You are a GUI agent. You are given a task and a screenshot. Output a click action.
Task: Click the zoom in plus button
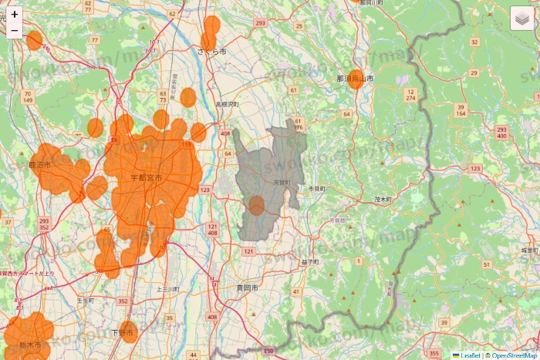15,14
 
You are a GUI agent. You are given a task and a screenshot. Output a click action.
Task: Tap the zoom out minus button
15,32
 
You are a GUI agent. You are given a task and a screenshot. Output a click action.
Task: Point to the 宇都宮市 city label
146,178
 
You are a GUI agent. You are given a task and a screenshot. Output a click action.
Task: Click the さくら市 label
212,52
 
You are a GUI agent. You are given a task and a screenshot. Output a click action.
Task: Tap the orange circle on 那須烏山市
356,79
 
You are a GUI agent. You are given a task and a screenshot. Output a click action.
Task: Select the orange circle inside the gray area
257,205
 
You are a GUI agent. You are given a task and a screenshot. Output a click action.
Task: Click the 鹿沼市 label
39,165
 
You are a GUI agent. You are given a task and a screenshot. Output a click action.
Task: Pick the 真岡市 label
247,288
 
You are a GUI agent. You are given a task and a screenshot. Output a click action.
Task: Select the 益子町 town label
310,262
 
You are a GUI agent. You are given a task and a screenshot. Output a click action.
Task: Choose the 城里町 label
529,251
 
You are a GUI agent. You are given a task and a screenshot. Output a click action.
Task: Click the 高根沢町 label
227,103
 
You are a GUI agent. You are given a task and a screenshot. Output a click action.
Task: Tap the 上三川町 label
167,288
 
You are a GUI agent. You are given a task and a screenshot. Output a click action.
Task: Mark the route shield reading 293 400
501,133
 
